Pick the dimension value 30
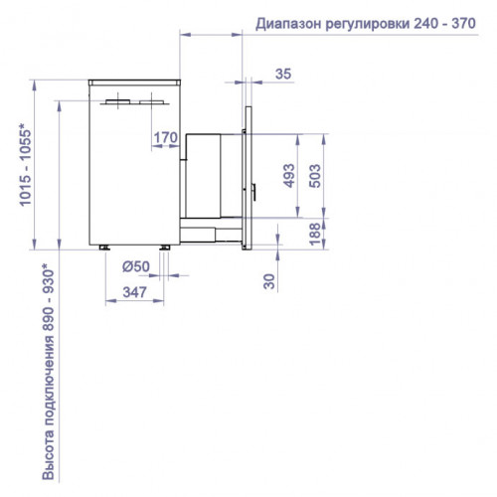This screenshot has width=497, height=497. pyautogui.click(x=268, y=281)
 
